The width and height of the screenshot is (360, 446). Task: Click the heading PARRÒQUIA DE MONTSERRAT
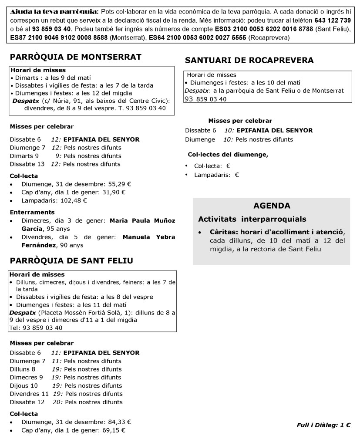[76, 57]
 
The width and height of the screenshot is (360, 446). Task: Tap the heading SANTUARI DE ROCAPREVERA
[249, 60]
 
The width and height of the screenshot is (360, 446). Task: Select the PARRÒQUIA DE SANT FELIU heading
[71, 260]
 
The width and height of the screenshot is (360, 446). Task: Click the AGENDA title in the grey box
[272, 206]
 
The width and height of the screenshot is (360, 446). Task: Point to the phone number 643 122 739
[333, 20]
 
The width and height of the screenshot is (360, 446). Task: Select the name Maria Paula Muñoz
[142, 221]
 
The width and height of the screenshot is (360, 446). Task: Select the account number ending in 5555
[198, 38]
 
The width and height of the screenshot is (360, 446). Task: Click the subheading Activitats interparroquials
[252, 219]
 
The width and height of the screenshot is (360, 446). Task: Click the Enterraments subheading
[32, 213]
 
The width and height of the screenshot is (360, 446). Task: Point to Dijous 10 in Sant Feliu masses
[24, 385]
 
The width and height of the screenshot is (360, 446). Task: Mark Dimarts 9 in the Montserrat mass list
[24, 155]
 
